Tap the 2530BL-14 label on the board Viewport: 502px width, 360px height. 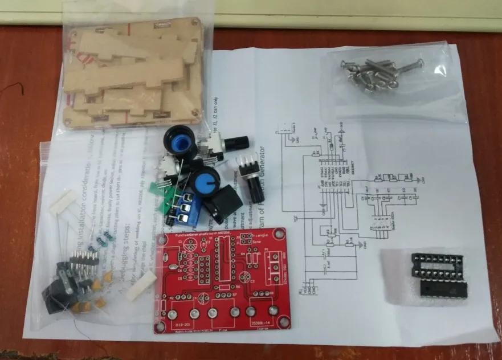260,324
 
